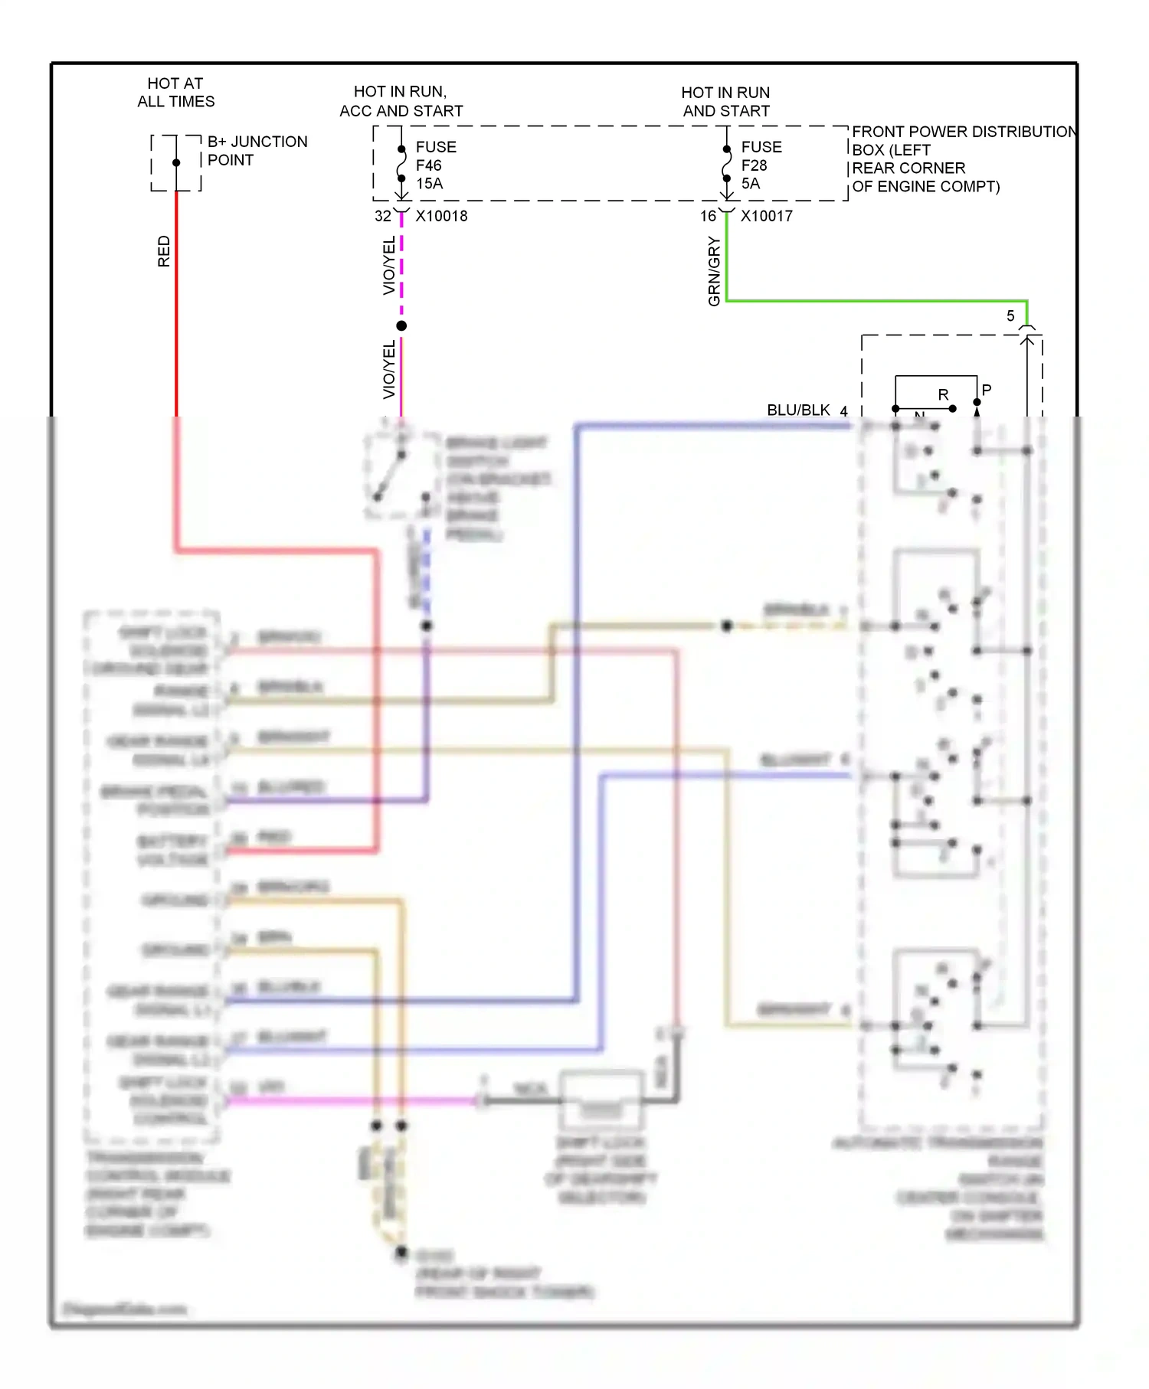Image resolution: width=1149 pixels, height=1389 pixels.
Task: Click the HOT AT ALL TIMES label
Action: [x=175, y=93]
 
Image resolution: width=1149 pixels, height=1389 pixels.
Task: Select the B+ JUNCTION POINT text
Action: [x=257, y=151]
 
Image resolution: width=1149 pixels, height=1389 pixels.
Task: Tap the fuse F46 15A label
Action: [x=435, y=165]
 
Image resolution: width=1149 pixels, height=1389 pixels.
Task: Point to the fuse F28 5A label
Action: [x=761, y=165]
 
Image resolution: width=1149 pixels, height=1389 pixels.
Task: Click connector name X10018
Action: [x=441, y=217]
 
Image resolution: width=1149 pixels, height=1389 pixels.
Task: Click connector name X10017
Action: [x=766, y=217]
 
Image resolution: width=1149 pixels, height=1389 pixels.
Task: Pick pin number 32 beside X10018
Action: [x=382, y=217]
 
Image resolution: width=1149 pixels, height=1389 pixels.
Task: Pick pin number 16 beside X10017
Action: [x=708, y=217]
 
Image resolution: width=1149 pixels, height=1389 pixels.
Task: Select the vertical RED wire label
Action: [x=164, y=251]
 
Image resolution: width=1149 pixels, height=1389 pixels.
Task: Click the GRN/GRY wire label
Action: [x=715, y=271]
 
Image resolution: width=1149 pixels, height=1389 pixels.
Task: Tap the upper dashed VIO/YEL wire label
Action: [x=389, y=265]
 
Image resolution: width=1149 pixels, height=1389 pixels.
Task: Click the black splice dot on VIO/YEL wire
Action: [x=401, y=326]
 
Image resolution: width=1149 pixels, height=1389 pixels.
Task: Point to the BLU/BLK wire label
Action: [x=798, y=410]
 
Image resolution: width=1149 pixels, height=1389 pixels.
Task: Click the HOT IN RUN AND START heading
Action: [x=725, y=102]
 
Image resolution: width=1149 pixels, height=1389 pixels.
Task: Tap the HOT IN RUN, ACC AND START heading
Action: [x=401, y=102]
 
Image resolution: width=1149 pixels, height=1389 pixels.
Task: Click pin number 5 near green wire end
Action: [x=1010, y=316]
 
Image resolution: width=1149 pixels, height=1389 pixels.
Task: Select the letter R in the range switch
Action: [x=943, y=395]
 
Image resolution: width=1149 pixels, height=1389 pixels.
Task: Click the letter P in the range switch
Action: [x=987, y=390]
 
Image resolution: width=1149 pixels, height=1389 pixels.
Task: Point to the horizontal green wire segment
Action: [x=873, y=301]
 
